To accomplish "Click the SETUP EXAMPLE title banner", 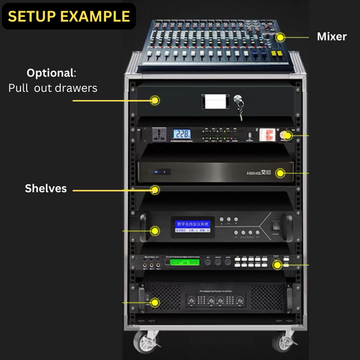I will click(x=69, y=16).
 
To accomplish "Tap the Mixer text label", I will click(x=331, y=37).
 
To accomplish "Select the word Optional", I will click(x=49, y=72).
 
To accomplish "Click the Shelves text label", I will click(x=46, y=188).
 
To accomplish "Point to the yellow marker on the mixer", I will click(x=281, y=37).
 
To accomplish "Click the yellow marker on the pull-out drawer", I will click(x=154, y=100).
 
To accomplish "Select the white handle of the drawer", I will click(x=212, y=101).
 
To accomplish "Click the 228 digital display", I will click(x=182, y=134).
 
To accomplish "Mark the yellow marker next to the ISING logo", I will click(x=281, y=172).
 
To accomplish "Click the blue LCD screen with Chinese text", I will click(x=192, y=226).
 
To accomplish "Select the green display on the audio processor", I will click(x=185, y=262).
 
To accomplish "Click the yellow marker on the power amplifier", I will click(x=154, y=302).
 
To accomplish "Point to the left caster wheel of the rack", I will click(x=146, y=341).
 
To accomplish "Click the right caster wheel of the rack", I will click(x=286, y=341).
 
